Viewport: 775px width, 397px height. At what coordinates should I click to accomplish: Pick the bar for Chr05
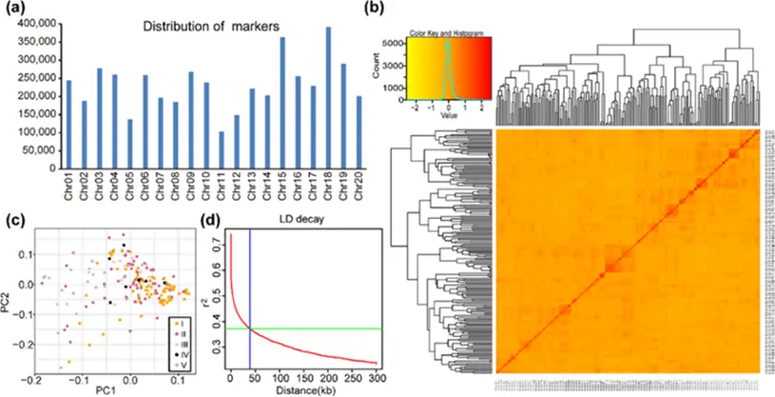pyautogui.click(x=129, y=144)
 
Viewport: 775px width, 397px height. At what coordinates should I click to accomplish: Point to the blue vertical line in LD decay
pyautogui.click(x=250, y=286)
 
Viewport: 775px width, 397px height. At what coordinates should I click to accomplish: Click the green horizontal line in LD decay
pyautogui.click(x=314, y=328)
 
